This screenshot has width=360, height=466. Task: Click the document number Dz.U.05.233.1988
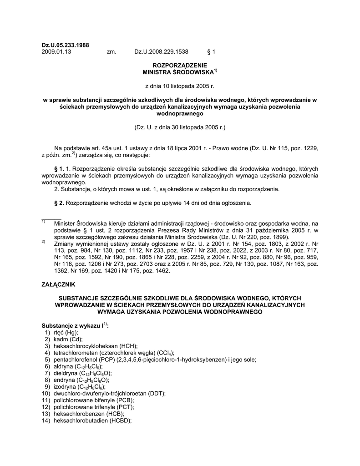[x=66, y=45]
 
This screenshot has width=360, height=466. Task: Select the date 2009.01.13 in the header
[x=56, y=52]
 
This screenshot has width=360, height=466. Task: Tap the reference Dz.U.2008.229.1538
[x=161, y=52]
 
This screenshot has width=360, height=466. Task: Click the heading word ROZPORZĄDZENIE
[x=180, y=66]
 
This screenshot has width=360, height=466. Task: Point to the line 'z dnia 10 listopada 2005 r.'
[x=179, y=85]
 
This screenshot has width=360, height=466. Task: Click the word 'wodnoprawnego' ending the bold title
[x=180, y=114]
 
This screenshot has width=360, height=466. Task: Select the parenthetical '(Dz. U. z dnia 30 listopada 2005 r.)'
[x=180, y=128]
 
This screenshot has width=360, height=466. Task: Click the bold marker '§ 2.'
[x=59, y=203]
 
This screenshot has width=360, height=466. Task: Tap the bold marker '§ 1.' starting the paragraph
[x=59, y=168]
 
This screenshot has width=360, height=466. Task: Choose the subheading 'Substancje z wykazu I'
[x=72, y=326]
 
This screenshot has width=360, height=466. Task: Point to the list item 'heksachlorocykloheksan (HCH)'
[x=96, y=346]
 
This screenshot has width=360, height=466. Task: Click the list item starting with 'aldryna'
[x=77, y=366]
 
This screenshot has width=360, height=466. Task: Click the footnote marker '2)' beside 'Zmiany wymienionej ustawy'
[x=43, y=242]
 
